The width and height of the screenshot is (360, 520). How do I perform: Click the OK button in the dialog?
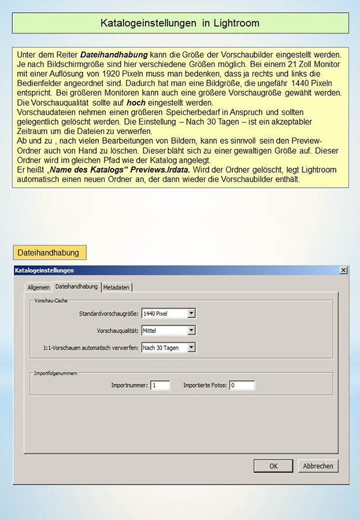273,466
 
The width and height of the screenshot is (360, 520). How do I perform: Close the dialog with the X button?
343,270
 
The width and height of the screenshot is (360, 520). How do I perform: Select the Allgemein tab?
39,287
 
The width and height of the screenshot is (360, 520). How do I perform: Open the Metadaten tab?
117,287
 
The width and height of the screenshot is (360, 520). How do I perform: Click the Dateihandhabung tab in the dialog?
76,287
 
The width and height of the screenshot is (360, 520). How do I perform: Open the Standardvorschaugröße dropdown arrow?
192,313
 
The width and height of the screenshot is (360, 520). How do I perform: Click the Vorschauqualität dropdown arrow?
192,330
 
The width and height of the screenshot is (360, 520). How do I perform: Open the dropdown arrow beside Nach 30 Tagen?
192,347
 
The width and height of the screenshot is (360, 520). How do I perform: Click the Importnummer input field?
160,385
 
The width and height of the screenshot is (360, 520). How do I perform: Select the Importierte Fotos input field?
242,385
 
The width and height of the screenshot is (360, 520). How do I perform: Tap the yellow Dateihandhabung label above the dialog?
49,252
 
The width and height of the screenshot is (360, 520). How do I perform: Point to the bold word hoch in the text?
136,102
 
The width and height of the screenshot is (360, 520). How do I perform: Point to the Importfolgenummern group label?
55,373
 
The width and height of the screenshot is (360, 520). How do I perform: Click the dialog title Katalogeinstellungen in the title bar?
45,270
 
